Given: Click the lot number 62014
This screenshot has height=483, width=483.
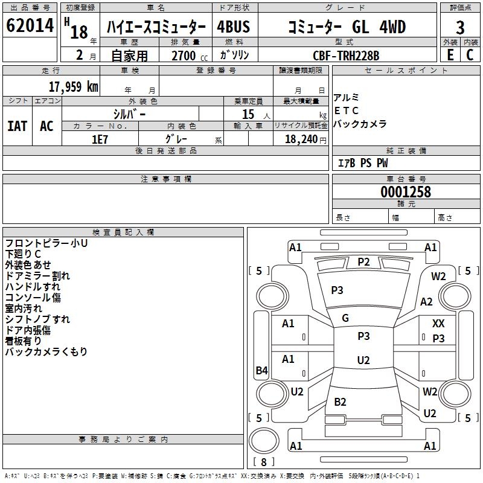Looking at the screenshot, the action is coord(30,25).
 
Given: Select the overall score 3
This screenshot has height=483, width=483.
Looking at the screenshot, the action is coord(460,28).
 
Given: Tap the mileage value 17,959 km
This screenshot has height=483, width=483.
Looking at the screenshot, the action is coord(74,86).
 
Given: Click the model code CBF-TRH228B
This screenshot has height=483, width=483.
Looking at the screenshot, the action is coord(346,56).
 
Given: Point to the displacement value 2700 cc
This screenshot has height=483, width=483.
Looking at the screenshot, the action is coord(190,56).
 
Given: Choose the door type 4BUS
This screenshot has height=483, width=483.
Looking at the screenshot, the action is coord(233,27).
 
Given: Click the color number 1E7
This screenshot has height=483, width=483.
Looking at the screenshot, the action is coord(100,139).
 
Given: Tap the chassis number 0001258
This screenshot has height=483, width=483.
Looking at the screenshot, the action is coord(406,192).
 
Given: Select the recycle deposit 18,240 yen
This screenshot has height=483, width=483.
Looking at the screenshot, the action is coord(305,139).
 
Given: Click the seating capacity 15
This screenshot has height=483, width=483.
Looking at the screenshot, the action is coord(248,114).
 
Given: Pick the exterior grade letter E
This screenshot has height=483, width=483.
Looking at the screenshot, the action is coord(450,55).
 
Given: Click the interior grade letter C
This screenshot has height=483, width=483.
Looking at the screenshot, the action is coord(470,55).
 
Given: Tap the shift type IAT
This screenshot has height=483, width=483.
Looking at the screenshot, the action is coord(18,126).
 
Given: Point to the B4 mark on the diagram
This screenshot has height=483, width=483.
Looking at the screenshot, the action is coord(262,370).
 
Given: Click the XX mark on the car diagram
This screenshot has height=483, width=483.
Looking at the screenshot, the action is coord(438,324).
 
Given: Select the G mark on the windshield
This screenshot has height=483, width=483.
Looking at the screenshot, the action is coord(345,318).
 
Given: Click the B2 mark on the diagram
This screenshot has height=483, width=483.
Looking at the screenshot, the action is coord(340,401).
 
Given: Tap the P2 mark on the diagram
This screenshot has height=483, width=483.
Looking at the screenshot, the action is coord(363,262).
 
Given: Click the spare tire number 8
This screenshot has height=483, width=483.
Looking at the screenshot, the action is coord(264,462).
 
